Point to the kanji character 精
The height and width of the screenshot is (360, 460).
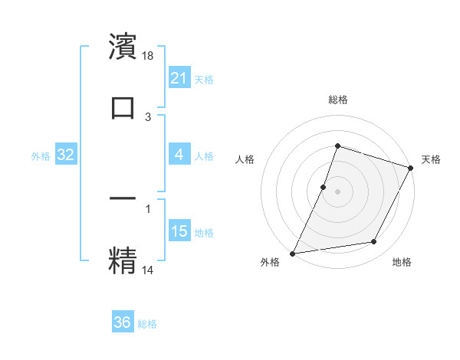(123, 259)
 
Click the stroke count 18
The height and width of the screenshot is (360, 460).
(149, 56)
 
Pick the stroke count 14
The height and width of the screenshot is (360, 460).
(149, 269)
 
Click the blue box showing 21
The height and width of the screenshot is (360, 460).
(179, 78)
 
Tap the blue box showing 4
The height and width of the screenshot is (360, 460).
(179, 155)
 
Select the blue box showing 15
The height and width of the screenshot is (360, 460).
(179, 231)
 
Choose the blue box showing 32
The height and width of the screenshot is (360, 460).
(66, 155)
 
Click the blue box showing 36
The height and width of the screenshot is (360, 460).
(123, 322)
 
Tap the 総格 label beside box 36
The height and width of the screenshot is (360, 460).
(147, 324)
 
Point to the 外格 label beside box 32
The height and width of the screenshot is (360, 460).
(41, 156)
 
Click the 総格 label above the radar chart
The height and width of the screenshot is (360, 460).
(337, 100)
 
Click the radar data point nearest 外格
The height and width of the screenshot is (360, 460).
(292, 253)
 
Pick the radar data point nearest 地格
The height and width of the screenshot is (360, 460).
(374, 242)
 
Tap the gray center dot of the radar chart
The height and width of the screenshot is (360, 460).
(337, 191)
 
